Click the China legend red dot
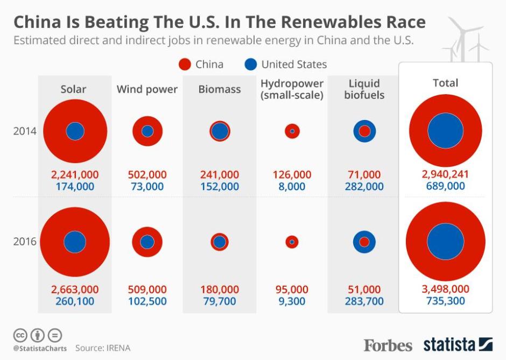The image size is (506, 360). [x=185, y=65]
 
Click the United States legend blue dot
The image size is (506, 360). [x=250, y=65]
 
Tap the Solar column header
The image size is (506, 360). [x=73, y=89]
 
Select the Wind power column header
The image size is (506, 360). [x=147, y=89]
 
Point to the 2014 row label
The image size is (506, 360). [x=25, y=131]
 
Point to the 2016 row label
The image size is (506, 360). [x=25, y=242]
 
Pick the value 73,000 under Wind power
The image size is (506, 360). [x=147, y=187]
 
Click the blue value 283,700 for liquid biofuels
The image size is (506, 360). [x=364, y=301]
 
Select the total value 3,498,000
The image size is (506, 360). [x=445, y=290]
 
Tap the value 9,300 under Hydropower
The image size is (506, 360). [x=292, y=301]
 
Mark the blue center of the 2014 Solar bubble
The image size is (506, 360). [x=75, y=131]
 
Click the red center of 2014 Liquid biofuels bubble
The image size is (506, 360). [x=364, y=131]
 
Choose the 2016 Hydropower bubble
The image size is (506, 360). [x=292, y=242]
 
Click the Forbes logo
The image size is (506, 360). [x=388, y=345]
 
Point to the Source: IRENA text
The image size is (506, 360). [x=103, y=348]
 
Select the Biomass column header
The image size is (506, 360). [x=220, y=89]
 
